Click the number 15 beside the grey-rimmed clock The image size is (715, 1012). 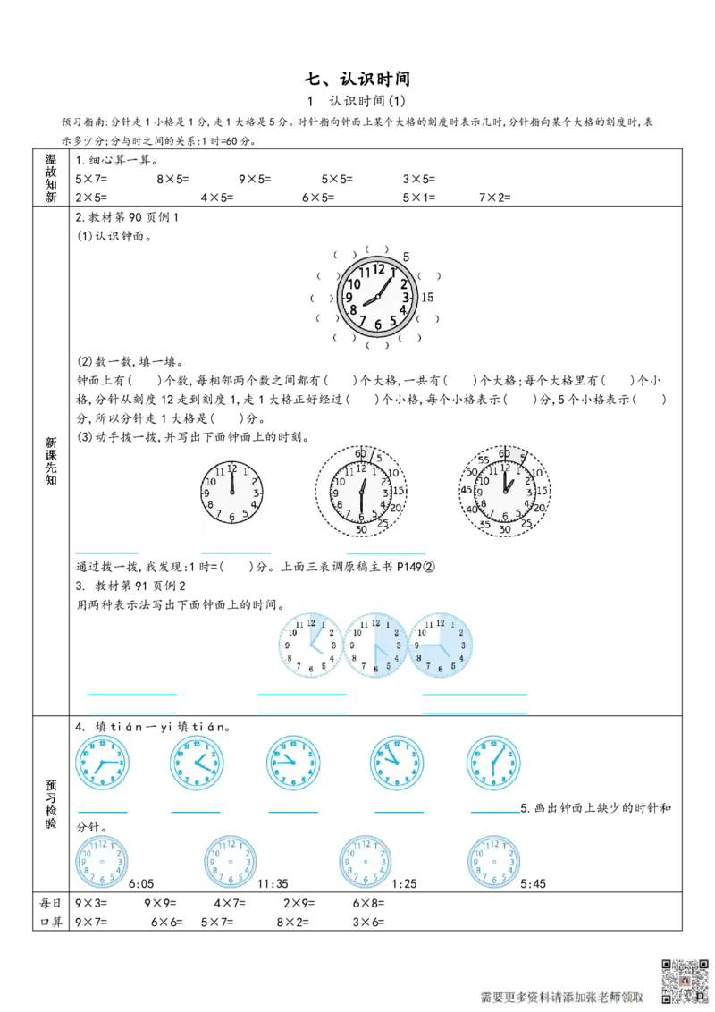pyautogui.click(x=427, y=298)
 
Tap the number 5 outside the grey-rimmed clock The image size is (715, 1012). pyautogui.click(x=407, y=256)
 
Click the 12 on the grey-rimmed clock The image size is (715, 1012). pyautogui.click(x=379, y=269)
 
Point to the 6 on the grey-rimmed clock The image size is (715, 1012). pyautogui.click(x=378, y=325)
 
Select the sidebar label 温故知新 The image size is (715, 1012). pyautogui.click(x=51, y=178)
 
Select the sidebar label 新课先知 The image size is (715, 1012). pyautogui.click(x=51, y=462)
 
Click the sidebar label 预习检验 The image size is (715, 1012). pyautogui.click(x=51, y=804)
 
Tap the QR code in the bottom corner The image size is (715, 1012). pyautogui.click(x=685, y=981)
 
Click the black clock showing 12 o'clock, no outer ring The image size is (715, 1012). pyautogui.click(x=231, y=492)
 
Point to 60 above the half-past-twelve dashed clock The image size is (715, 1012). pyautogui.click(x=361, y=452)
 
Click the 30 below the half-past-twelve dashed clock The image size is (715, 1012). pyautogui.click(x=361, y=530)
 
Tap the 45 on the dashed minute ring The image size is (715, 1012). pyautogui.click(x=466, y=490)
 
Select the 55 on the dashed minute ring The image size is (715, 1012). pyautogui.click(x=483, y=460)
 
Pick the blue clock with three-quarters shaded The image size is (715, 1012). pyautogui.click(x=442, y=644)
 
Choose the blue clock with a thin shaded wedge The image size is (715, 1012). pyautogui.click(x=310, y=644)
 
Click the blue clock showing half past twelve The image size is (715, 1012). pyautogui.click(x=493, y=763)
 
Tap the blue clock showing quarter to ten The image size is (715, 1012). pyautogui.click(x=293, y=763)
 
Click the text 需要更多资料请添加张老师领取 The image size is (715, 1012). pyautogui.click(x=562, y=997)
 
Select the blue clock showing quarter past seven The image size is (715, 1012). pyautogui.click(x=102, y=763)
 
